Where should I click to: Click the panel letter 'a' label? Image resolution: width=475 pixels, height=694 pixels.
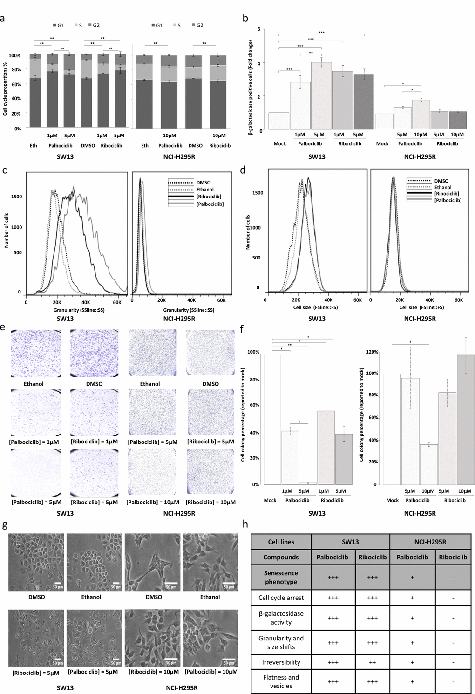[3, 19]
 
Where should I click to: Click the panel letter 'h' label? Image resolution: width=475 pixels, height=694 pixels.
[245, 524]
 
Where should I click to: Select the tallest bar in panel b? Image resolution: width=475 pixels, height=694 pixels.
[321, 95]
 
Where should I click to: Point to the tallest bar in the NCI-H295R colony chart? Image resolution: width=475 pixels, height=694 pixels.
[466, 419]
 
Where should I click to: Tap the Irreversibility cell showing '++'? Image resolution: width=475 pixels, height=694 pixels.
[373, 662]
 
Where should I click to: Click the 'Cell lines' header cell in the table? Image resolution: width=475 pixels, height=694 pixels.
[281, 542]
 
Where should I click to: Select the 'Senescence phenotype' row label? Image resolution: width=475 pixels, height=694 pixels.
[281, 578]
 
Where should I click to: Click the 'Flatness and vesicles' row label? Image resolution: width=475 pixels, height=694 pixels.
[281, 681]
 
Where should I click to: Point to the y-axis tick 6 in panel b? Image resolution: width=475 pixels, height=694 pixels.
[259, 29]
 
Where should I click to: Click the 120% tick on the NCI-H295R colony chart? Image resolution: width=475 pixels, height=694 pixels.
[372, 352]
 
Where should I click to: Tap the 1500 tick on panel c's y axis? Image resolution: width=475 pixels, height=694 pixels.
[16, 197]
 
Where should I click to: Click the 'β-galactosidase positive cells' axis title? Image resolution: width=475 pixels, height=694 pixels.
[250, 88]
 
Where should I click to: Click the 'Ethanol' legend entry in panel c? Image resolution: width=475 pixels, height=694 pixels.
[205, 190]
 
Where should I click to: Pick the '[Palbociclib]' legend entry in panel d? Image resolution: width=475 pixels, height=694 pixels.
[448, 200]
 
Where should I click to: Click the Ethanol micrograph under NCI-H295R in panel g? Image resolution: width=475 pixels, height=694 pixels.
[210, 562]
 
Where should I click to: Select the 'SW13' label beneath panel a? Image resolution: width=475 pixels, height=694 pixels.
[65, 156]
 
